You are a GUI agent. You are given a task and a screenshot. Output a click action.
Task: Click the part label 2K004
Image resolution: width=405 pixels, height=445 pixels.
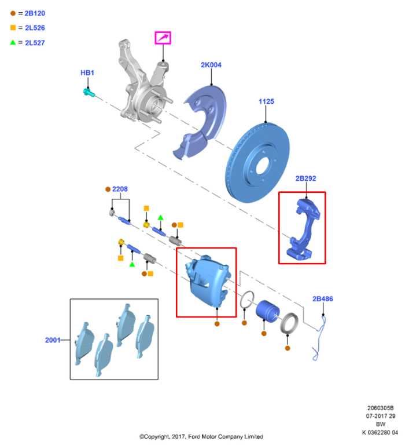[x=211, y=65]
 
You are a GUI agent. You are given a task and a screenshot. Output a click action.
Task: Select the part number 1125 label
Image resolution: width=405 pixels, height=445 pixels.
[x=266, y=101]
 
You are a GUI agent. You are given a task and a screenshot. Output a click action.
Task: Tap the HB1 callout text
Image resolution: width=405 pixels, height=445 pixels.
[x=87, y=73]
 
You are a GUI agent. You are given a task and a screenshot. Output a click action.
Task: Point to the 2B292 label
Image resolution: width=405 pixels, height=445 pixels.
[x=305, y=178]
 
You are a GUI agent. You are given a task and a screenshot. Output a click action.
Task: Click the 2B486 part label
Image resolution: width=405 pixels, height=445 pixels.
[x=322, y=299]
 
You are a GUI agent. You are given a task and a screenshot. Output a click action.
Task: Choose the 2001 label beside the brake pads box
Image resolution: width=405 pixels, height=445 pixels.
[x=53, y=340]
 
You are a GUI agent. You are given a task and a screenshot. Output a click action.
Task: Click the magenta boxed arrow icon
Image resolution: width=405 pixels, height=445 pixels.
[x=163, y=38]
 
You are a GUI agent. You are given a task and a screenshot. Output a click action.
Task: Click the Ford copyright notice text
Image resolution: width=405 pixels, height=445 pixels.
[x=201, y=436]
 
